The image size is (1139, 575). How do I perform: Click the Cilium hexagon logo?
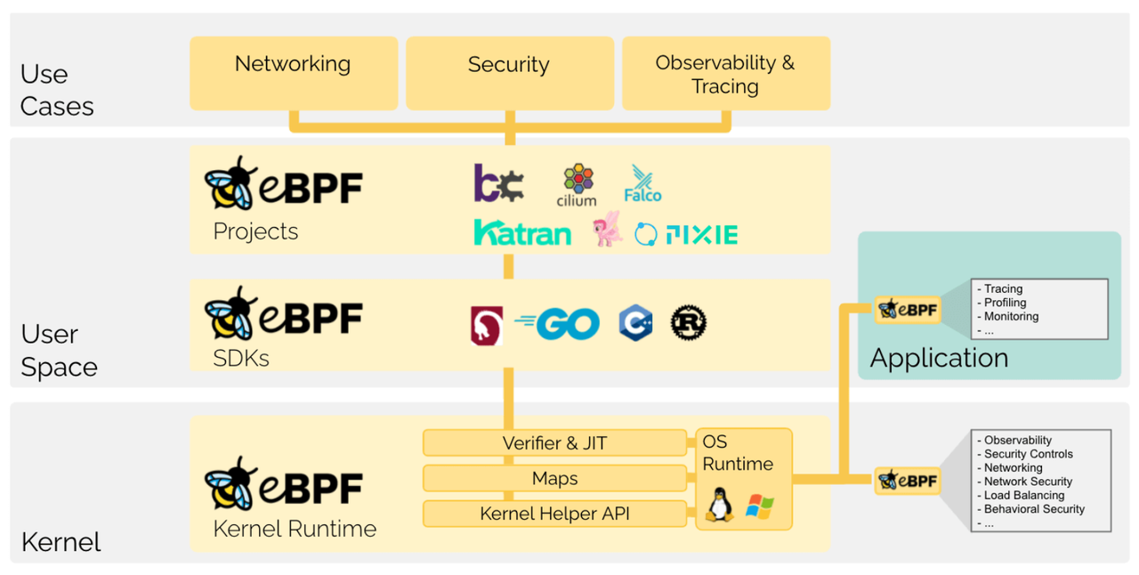pyautogui.click(x=578, y=180)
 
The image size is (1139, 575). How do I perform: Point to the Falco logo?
pyautogui.click(x=642, y=183)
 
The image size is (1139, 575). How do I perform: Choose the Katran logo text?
pyautogui.click(x=522, y=233)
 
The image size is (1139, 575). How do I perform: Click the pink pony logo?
pyautogui.click(x=608, y=230)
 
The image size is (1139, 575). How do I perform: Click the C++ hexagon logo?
pyautogui.click(x=635, y=323)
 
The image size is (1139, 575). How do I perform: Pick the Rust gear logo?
pyautogui.click(x=688, y=322)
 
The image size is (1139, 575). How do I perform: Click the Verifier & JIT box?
pyautogui.click(x=554, y=442)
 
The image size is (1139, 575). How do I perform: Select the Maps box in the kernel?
pyautogui.click(x=554, y=478)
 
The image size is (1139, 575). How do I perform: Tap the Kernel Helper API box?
pyautogui.click(x=554, y=514)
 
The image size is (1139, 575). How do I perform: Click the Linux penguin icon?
pyautogui.click(x=719, y=505)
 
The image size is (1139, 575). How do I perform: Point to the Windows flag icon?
pyautogui.click(x=759, y=506)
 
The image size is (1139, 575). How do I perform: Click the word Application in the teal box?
pyautogui.click(x=939, y=358)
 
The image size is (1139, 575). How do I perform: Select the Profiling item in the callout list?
pyautogui.click(x=1006, y=303)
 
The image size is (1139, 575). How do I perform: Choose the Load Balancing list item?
pyautogui.click(x=1024, y=495)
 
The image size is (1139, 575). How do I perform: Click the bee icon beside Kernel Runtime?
pyautogui.click(x=230, y=484)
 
